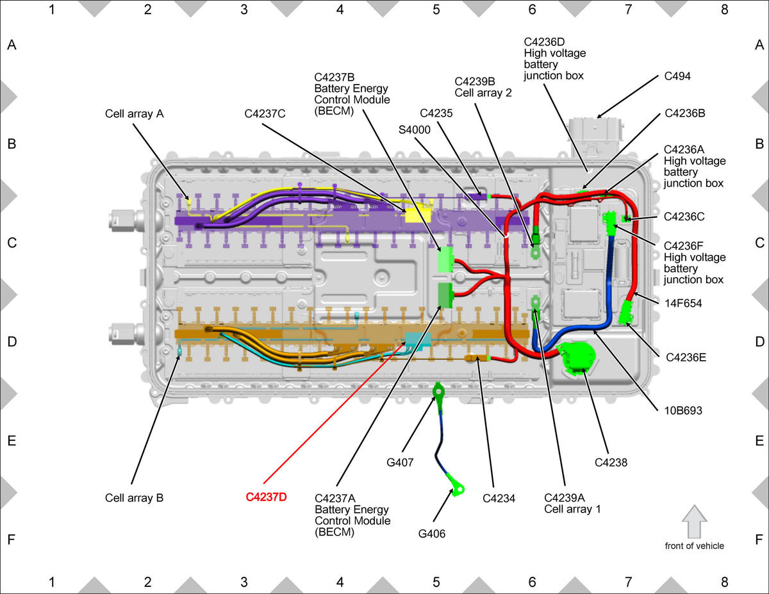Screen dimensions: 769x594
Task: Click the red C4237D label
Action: click(266, 497)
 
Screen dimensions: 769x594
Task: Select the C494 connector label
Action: click(677, 76)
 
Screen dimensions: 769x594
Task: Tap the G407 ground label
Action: click(400, 462)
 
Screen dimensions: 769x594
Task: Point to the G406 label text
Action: click(432, 534)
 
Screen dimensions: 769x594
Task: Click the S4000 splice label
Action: click(415, 130)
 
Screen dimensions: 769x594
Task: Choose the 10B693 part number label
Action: click(683, 410)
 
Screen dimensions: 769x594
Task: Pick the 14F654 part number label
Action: click(683, 303)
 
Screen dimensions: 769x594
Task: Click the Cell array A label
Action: click(134, 113)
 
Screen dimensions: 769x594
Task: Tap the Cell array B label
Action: click(134, 498)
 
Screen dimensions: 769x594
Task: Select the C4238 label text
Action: click(611, 463)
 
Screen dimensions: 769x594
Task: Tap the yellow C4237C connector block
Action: click(418, 216)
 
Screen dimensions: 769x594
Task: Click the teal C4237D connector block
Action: click(418, 340)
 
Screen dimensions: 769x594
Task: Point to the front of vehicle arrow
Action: click(694, 522)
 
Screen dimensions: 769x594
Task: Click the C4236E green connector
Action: click(625, 312)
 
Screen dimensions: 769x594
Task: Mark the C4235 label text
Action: click(436, 113)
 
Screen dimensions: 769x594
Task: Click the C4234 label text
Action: click(499, 499)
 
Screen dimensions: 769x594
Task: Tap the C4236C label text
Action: click(684, 217)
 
